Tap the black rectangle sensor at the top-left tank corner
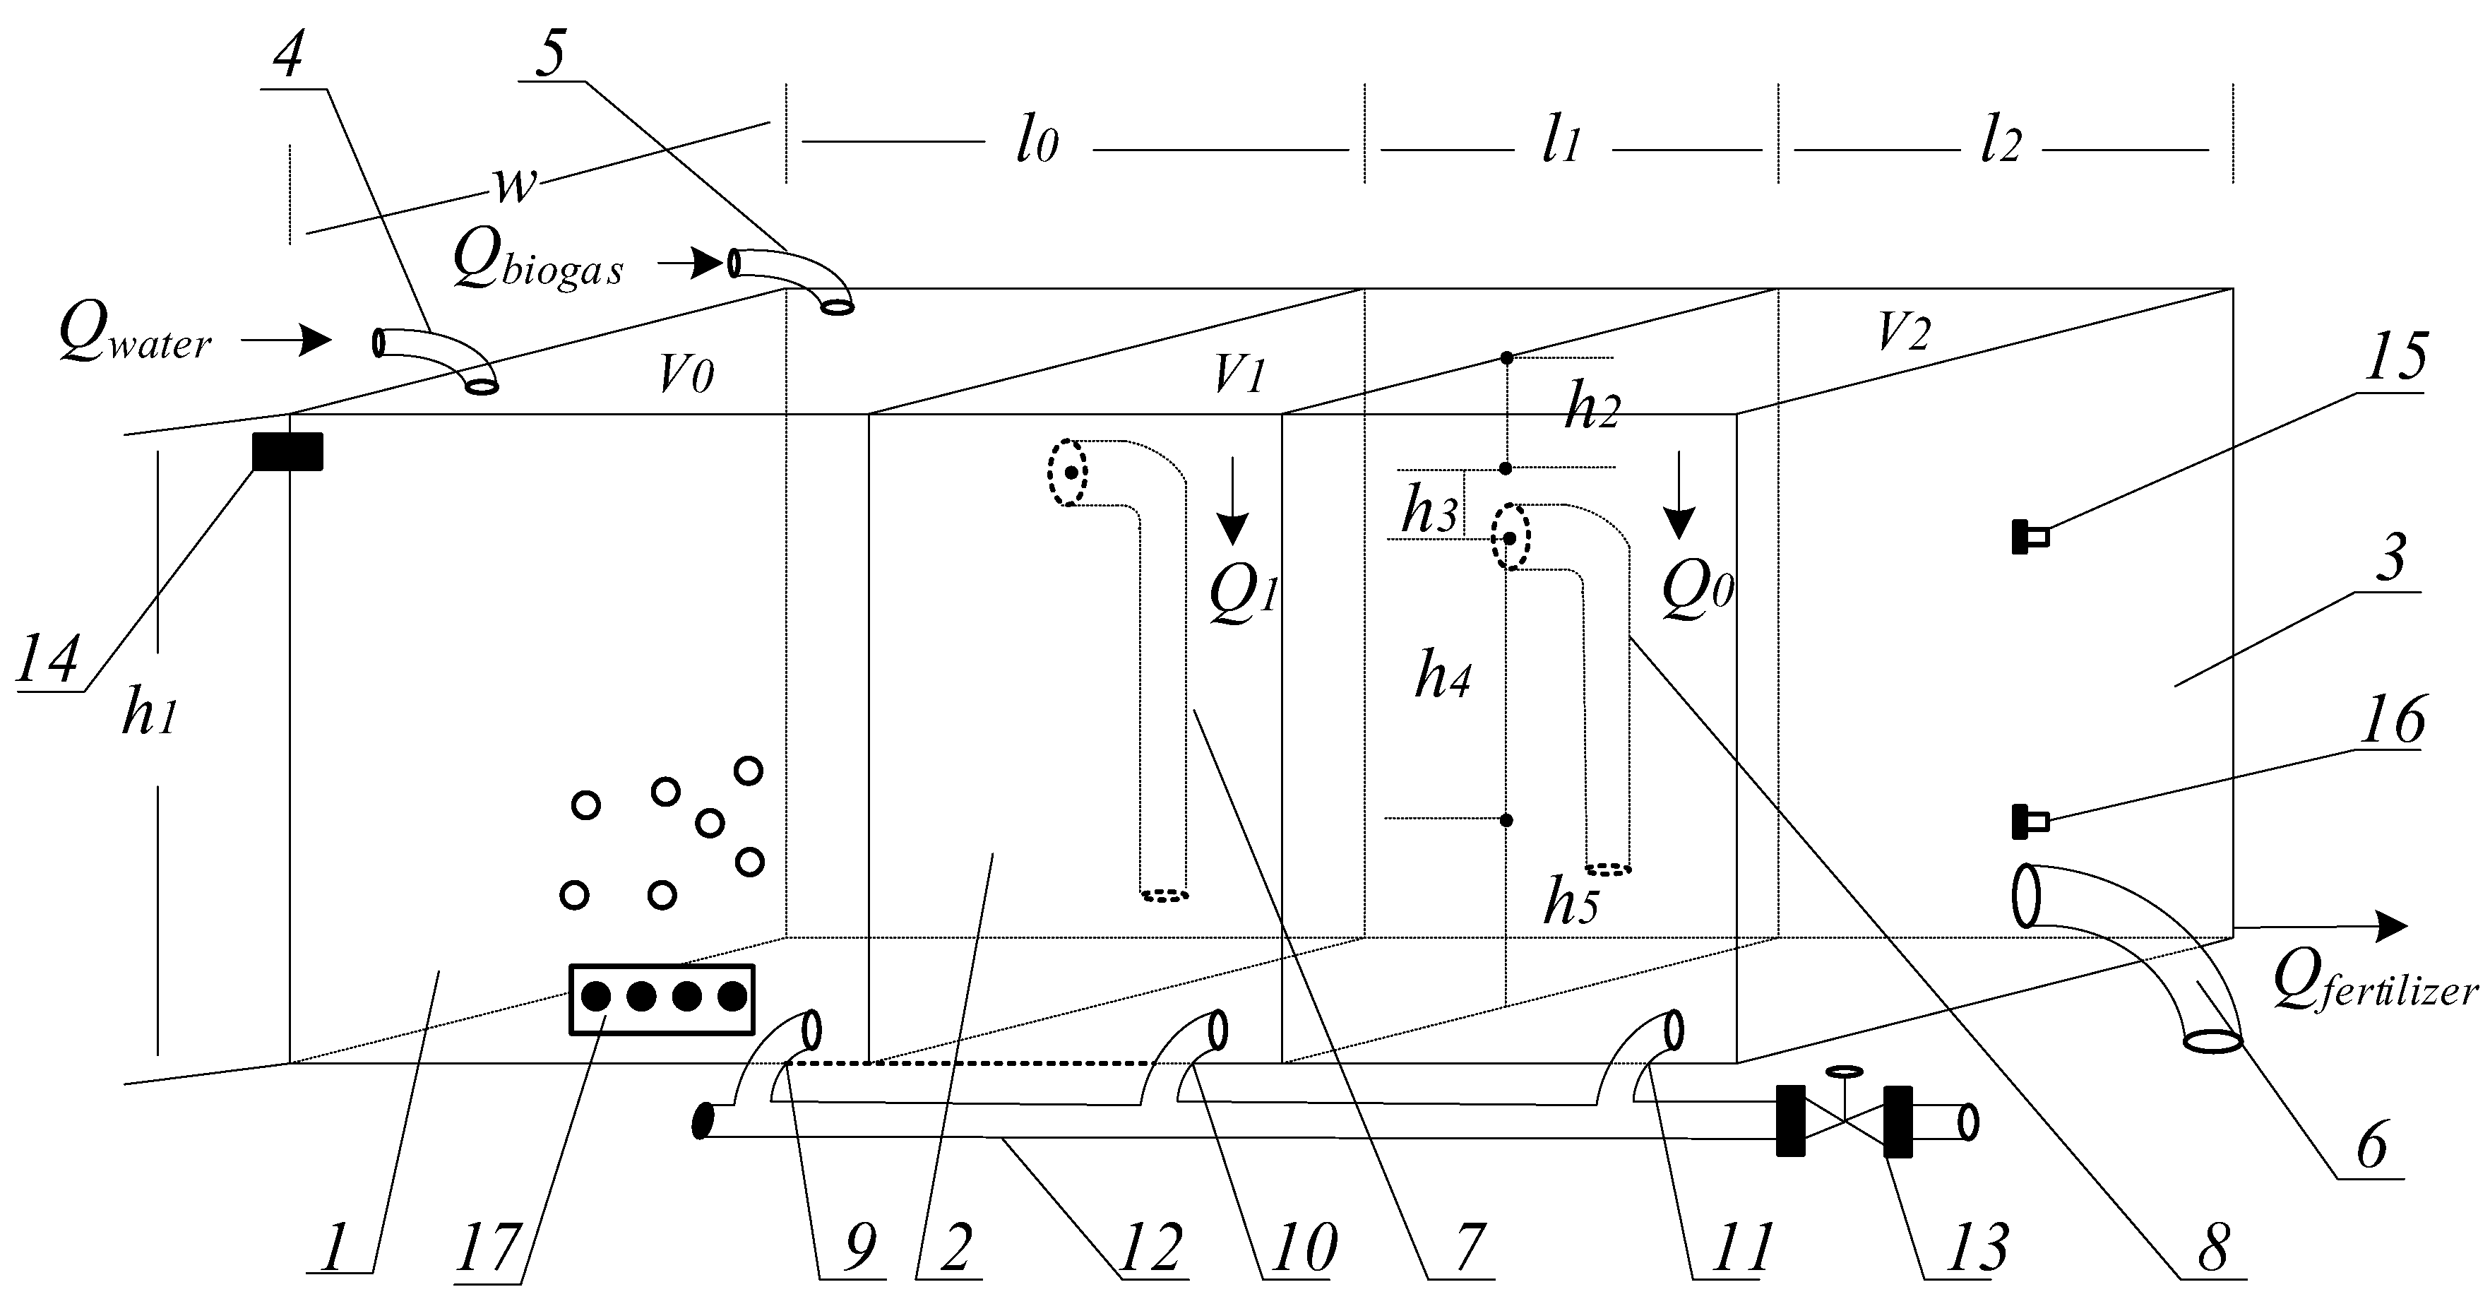[x=287, y=451]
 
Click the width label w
[x=514, y=184]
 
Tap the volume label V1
[x=1239, y=373]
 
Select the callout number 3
[x=2390, y=558]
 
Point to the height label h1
[x=150, y=716]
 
